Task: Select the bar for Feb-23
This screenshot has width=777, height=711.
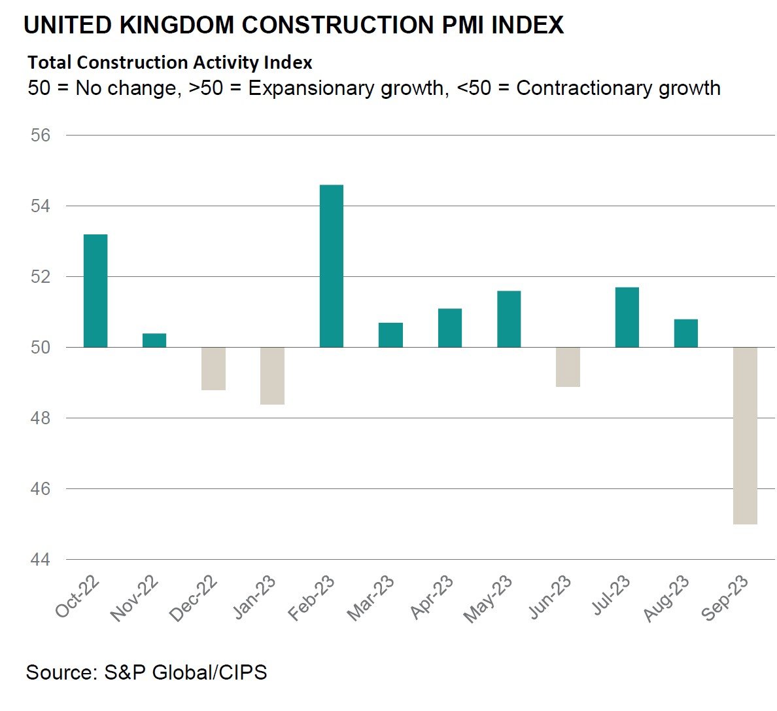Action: [x=331, y=266]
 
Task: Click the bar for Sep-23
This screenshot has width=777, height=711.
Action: [x=745, y=435]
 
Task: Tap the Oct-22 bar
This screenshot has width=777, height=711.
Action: [x=95, y=291]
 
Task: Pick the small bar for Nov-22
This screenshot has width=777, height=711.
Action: [x=154, y=340]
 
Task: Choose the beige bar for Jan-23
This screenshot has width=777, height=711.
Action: [x=272, y=376]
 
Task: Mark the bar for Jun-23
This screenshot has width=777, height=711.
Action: [x=568, y=367]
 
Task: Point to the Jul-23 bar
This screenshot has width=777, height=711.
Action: [x=627, y=318]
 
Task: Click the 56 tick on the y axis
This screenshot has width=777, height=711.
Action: [x=40, y=136]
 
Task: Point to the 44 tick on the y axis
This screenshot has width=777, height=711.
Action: [x=40, y=560]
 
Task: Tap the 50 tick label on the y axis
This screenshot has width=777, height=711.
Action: [x=40, y=348]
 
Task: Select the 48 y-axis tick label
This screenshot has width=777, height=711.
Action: [x=40, y=418]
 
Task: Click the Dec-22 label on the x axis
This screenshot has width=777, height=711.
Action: [x=194, y=599]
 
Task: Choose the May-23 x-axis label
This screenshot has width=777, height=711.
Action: [x=489, y=599]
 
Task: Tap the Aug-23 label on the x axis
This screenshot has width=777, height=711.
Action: [x=666, y=599]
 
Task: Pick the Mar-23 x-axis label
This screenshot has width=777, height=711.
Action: [x=371, y=599]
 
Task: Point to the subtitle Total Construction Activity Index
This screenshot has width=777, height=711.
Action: [x=170, y=63]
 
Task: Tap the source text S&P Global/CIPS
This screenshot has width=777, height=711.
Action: [x=186, y=672]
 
